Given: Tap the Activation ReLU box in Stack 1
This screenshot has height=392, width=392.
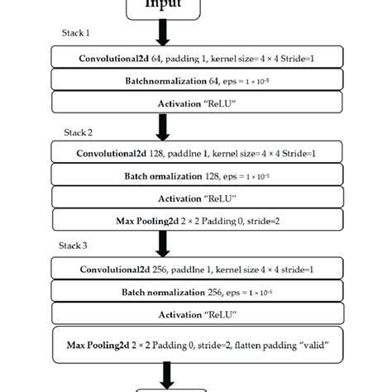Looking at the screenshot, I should coord(196,103).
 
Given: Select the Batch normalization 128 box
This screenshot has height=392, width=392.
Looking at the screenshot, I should coord(196,176).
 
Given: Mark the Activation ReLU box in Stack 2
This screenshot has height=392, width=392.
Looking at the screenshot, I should coord(196,198).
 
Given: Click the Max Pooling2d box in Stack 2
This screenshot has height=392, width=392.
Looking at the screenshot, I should coord(196,220).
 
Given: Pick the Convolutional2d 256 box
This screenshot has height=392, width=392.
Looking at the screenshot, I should coord(196,270).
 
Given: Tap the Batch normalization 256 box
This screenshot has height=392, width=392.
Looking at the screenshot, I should coord(196,292).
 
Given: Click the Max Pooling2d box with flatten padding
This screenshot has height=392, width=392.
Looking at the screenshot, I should coord(196,342).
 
